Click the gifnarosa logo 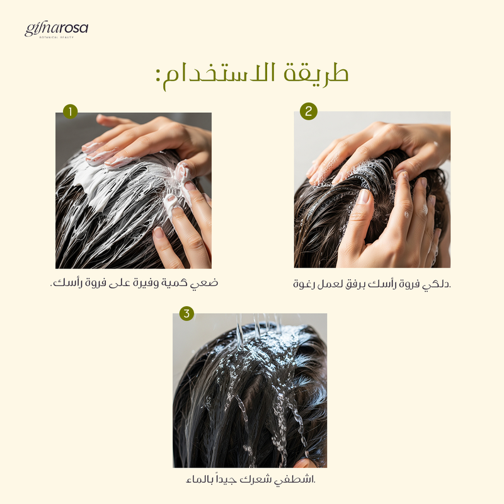point(56,30)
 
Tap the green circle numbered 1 point(71,112)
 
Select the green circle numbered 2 point(309,112)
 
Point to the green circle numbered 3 point(186,313)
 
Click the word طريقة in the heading point(316,74)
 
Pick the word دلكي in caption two point(437,284)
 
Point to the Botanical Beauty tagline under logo point(57,37)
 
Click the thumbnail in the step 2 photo point(364,197)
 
